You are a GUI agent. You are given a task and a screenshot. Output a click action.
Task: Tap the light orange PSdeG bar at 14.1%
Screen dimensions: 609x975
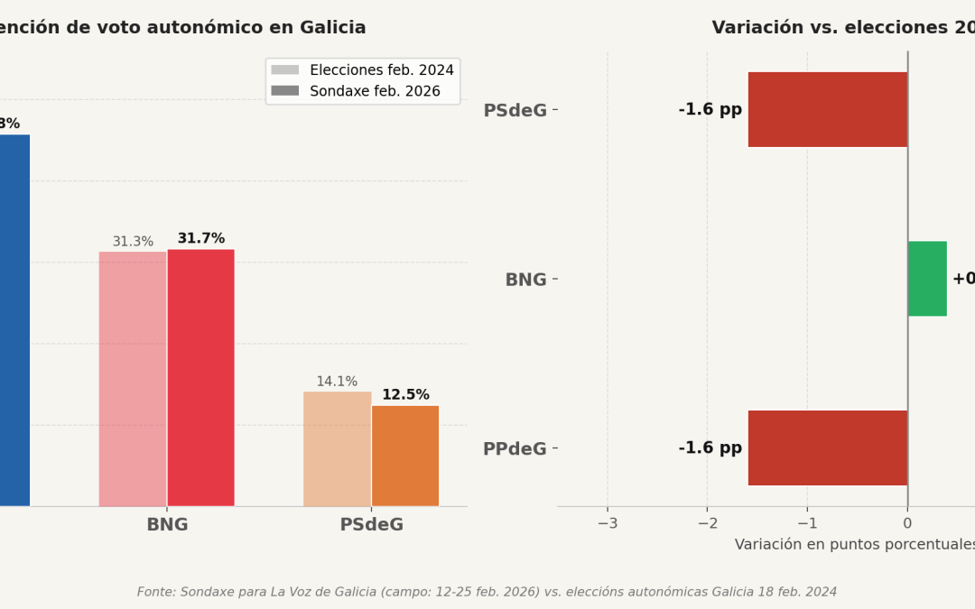(337, 448)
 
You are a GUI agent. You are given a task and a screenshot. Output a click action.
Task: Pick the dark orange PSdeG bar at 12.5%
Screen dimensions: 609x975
(405, 456)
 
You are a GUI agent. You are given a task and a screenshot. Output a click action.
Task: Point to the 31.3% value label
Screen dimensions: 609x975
(133, 242)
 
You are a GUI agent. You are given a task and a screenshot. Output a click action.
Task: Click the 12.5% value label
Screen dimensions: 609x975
(405, 395)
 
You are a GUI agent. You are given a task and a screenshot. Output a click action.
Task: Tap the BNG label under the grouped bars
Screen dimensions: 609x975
(167, 525)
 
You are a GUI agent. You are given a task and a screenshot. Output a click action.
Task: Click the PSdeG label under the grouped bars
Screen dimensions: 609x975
(371, 525)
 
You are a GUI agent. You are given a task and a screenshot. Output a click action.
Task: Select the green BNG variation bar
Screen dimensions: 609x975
(927, 279)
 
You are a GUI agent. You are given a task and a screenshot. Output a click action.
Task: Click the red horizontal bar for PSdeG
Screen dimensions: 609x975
(827, 110)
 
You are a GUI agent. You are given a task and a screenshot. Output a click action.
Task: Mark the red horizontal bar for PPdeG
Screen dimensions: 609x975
(827, 448)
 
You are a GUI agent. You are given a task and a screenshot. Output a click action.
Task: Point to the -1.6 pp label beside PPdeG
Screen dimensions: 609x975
(710, 448)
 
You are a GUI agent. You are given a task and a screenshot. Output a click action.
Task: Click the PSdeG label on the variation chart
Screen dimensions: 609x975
(515, 111)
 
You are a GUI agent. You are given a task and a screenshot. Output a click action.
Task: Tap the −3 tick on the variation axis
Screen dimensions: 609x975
(607, 523)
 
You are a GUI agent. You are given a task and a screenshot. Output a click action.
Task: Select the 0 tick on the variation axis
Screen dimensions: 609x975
(907, 523)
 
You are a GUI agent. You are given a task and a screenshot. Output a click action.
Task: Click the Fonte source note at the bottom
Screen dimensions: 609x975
(487, 592)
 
